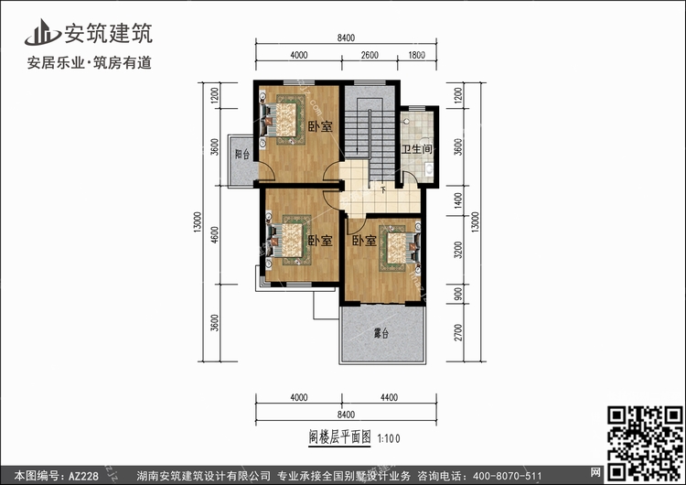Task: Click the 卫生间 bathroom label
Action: pos(416,149)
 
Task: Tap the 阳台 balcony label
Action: pos(242,154)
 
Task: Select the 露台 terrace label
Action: pos(381,333)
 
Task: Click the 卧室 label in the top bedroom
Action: pos(320,127)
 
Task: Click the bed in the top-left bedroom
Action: pos(283,120)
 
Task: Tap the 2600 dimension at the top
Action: pos(370,55)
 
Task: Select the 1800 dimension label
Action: pos(416,55)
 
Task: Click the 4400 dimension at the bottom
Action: pos(389,397)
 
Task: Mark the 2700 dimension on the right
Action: pos(458,333)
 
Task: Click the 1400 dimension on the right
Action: pos(458,200)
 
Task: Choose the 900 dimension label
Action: pos(458,294)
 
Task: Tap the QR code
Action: pos(644,444)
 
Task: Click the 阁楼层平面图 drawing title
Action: pos(339,436)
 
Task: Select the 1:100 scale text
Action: pos(389,438)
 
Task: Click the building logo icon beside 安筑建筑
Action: pos(42,32)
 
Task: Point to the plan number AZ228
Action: pos(83,476)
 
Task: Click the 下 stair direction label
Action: pos(383,189)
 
